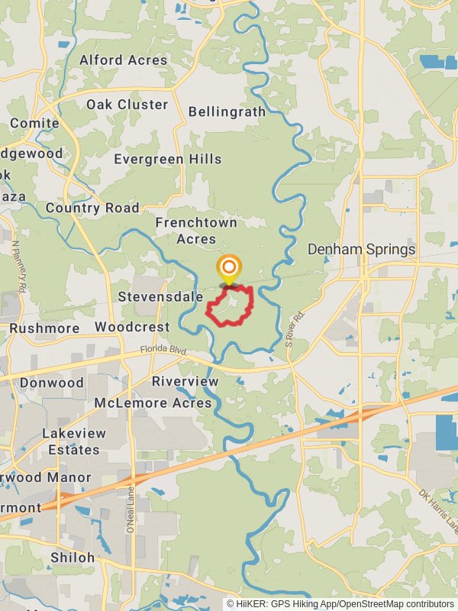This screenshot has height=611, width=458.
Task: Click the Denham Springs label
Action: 361,249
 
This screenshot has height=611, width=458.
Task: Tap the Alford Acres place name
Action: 124,60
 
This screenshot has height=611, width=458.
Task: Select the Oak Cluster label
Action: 127,105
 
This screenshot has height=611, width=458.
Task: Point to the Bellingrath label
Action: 227,112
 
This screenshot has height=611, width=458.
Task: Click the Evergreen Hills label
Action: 168,159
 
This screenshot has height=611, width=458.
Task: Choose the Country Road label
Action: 92,208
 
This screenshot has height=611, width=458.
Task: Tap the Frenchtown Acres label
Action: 196,231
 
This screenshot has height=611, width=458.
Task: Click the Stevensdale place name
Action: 160,296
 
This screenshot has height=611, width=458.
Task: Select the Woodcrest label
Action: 132,327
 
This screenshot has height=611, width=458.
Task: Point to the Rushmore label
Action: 44,328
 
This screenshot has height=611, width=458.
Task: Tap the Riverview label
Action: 185,381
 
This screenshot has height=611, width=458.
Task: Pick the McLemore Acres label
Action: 153,402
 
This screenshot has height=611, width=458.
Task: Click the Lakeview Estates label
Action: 74,441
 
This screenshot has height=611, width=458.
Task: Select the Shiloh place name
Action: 73,558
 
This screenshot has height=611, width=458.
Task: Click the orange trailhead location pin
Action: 228,269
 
